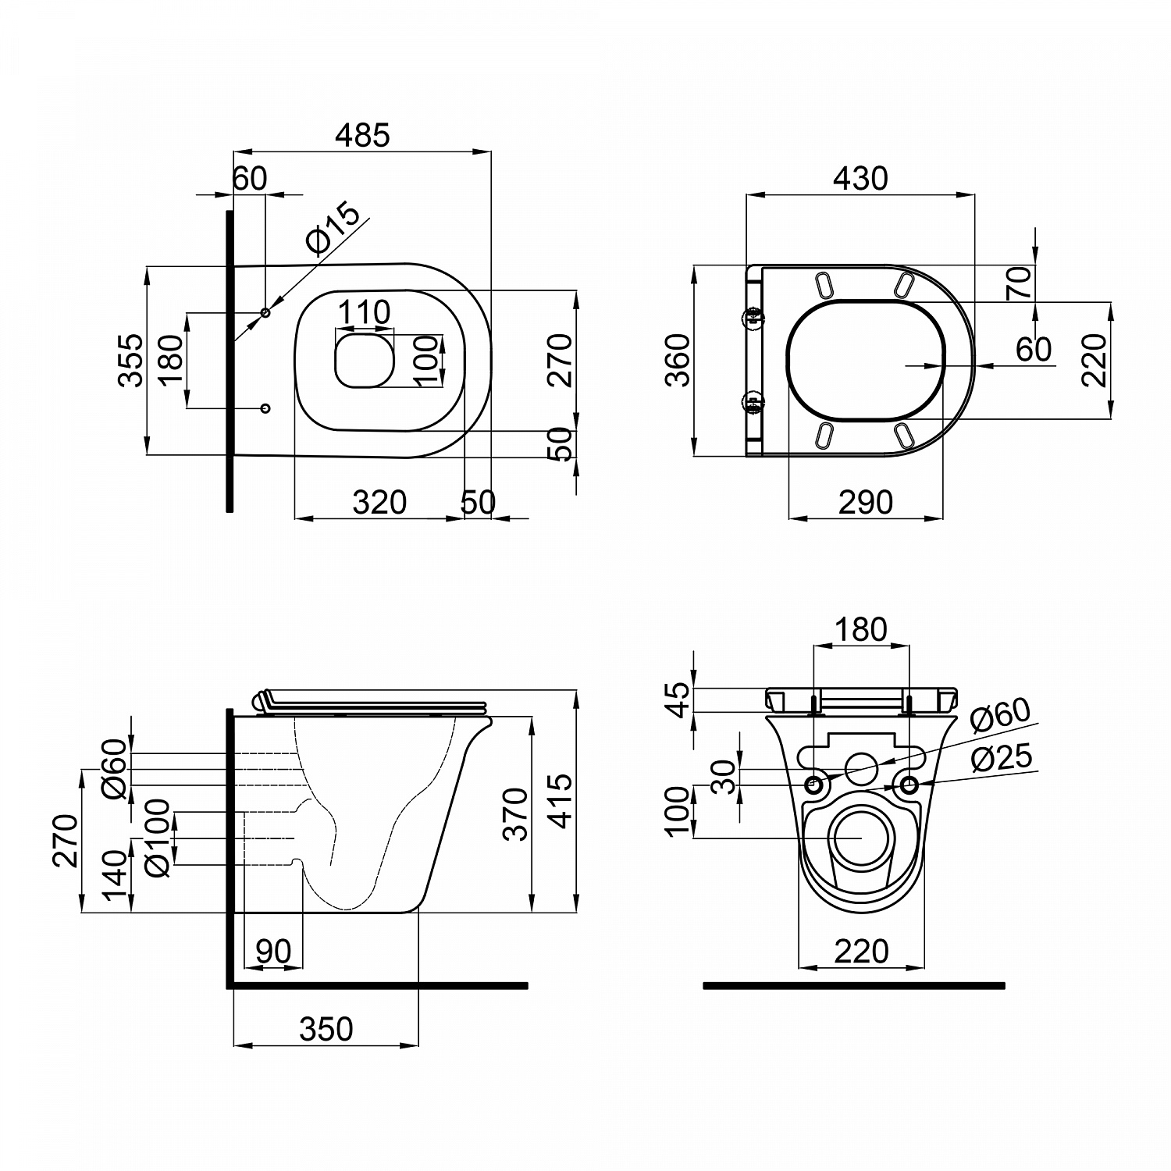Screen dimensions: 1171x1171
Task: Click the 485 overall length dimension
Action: click(361, 136)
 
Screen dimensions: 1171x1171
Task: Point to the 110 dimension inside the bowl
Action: click(364, 312)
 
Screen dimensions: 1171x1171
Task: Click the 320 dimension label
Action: click(379, 502)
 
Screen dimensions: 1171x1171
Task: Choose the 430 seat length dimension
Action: click(860, 179)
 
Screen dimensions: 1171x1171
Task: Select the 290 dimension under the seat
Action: click(865, 502)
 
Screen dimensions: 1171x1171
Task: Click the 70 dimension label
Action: click(1020, 283)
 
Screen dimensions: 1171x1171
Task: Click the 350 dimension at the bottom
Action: click(326, 1029)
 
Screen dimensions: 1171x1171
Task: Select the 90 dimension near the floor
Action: click(273, 952)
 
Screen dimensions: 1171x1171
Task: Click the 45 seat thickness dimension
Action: click(679, 699)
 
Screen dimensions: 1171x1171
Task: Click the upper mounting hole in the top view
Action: click(265, 313)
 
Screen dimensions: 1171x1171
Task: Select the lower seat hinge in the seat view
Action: click(754, 404)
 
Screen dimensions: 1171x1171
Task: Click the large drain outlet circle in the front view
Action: click(861, 837)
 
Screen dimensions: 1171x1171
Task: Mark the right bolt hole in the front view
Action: click(909, 785)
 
